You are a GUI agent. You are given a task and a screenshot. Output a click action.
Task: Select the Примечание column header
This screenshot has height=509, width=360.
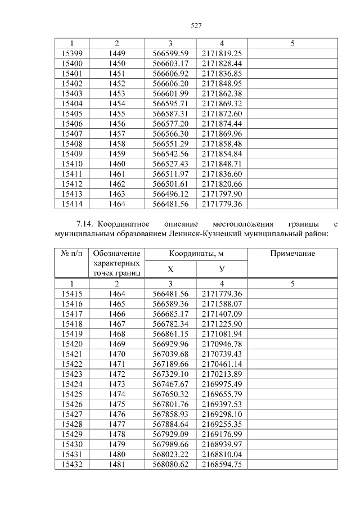click(292, 254)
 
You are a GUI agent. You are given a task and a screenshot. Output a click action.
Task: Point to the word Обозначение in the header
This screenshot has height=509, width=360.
click(116, 254)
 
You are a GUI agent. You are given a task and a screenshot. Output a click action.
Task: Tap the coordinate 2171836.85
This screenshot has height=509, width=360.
click(222, 73)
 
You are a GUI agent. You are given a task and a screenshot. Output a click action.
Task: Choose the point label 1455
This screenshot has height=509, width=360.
click(116, 114)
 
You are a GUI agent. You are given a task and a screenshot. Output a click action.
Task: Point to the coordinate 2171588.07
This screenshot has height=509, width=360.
click(222, 304)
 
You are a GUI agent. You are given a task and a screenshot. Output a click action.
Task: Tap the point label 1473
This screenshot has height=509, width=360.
click(116, 384)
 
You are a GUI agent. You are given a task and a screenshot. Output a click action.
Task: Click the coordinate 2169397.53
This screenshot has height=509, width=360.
click(222, 404)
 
